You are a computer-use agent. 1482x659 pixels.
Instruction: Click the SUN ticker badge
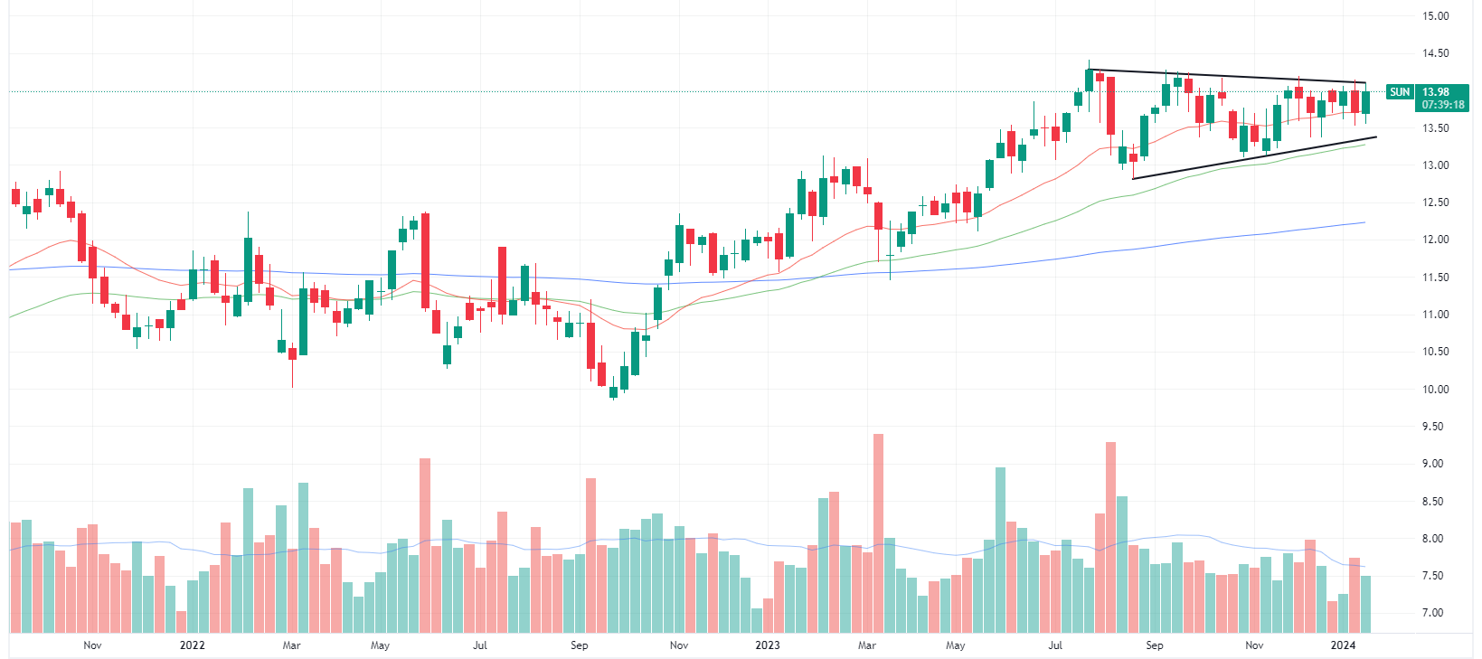[x=1399, y=91]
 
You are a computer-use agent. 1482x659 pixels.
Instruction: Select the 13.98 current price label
[x=1435, y=91]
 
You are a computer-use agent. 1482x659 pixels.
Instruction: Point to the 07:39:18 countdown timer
[x=1442, y=105]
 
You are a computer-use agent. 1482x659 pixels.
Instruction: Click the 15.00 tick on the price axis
[x=1435, y=16]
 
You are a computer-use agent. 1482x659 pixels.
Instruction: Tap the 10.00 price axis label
[x=1435, y=390]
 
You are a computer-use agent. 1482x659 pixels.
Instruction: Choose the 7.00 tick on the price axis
[x=1435, y=613]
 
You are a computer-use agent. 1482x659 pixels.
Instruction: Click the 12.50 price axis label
[x=1435, y=202]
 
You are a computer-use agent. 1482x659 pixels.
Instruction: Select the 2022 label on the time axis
[x=193, y=645]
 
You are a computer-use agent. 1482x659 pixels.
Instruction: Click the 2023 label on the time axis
[x=767, y=645]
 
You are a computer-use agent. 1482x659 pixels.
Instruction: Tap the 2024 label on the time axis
[x=1343, y=645]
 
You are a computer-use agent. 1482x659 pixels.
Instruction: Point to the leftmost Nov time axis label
[x=92, y=645]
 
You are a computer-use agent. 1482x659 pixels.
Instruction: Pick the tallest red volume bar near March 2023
[x=878, y=533]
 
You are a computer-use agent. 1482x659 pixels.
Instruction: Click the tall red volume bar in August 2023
[x=1110, y=538]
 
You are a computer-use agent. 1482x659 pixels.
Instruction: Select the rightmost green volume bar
[x=1365, y=604]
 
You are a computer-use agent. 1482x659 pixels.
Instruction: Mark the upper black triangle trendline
[x=1230, y=77]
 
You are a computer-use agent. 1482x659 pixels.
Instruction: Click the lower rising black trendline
[x=1257, y=157]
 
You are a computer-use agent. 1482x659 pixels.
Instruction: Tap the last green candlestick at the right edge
[x=1365, y=102]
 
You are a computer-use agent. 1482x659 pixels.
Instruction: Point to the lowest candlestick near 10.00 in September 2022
[x=613, y=391]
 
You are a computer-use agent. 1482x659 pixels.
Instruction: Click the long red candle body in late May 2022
[x=425, y=260]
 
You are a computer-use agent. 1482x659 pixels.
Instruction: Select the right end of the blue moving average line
[x=1363, y=222]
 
